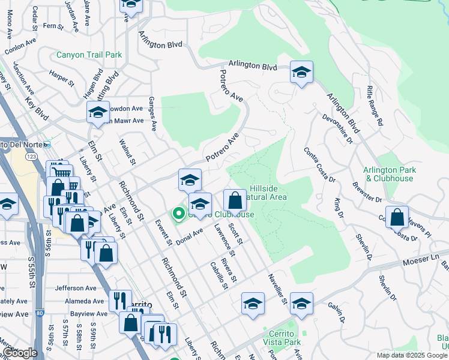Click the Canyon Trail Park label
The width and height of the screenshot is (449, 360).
[89, 55]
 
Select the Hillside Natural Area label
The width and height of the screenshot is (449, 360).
[264, 192]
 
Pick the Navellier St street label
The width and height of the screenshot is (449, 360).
[276, 288]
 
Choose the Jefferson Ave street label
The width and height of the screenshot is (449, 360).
[75, 288]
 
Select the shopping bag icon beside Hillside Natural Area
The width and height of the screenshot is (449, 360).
[235, 200]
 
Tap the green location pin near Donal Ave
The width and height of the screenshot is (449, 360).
[178, 213]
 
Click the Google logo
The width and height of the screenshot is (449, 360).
[20, 353]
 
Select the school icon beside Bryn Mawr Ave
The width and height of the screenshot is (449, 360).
[98, 112]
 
